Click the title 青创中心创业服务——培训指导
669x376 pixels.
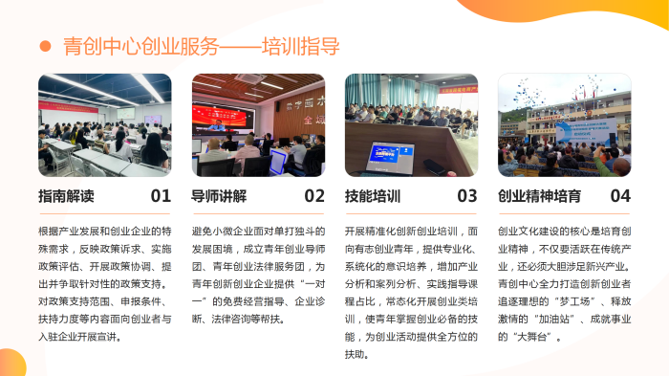point(201,45)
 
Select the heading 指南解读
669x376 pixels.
point(66,197)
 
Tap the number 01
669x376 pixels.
point(161,197)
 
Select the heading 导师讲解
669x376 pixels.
point(219,197)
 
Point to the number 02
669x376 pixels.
point(314,197)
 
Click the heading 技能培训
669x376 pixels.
point(372,197)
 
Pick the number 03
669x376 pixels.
point(467,197)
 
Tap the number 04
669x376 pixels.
point(620,197)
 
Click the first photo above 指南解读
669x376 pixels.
point(105,124)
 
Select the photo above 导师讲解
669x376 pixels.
point(258,124)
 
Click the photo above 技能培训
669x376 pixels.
point(411,124)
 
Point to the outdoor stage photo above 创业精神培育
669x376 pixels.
point(564,124)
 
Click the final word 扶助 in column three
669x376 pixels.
point(355,355)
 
